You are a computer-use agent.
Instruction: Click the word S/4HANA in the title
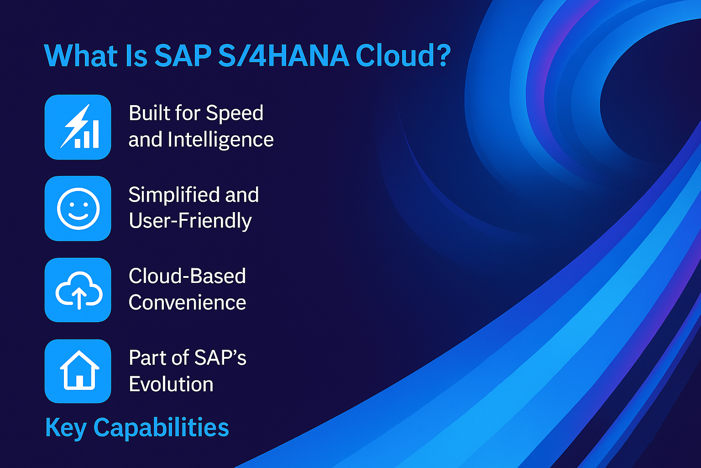pos(283,56)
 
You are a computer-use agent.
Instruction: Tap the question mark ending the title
pos(441,56)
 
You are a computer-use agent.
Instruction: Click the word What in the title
pos(81,56)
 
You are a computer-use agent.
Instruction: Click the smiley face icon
pos(78,209)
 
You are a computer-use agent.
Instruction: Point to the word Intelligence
pos(220,139)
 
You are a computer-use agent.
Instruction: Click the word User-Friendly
pos(190,221)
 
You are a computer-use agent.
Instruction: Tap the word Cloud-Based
pos(187,276)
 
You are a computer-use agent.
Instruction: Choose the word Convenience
pos(187,303)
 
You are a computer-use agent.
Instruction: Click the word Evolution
pos(171,384)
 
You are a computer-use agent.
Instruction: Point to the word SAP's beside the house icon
pos(220,358)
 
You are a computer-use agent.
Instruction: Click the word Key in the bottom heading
pos(66,428)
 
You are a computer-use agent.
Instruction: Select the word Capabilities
pos(161,428)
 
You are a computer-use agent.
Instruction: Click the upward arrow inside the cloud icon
pos(79,298)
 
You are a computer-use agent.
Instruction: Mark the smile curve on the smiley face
pos(78,216)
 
